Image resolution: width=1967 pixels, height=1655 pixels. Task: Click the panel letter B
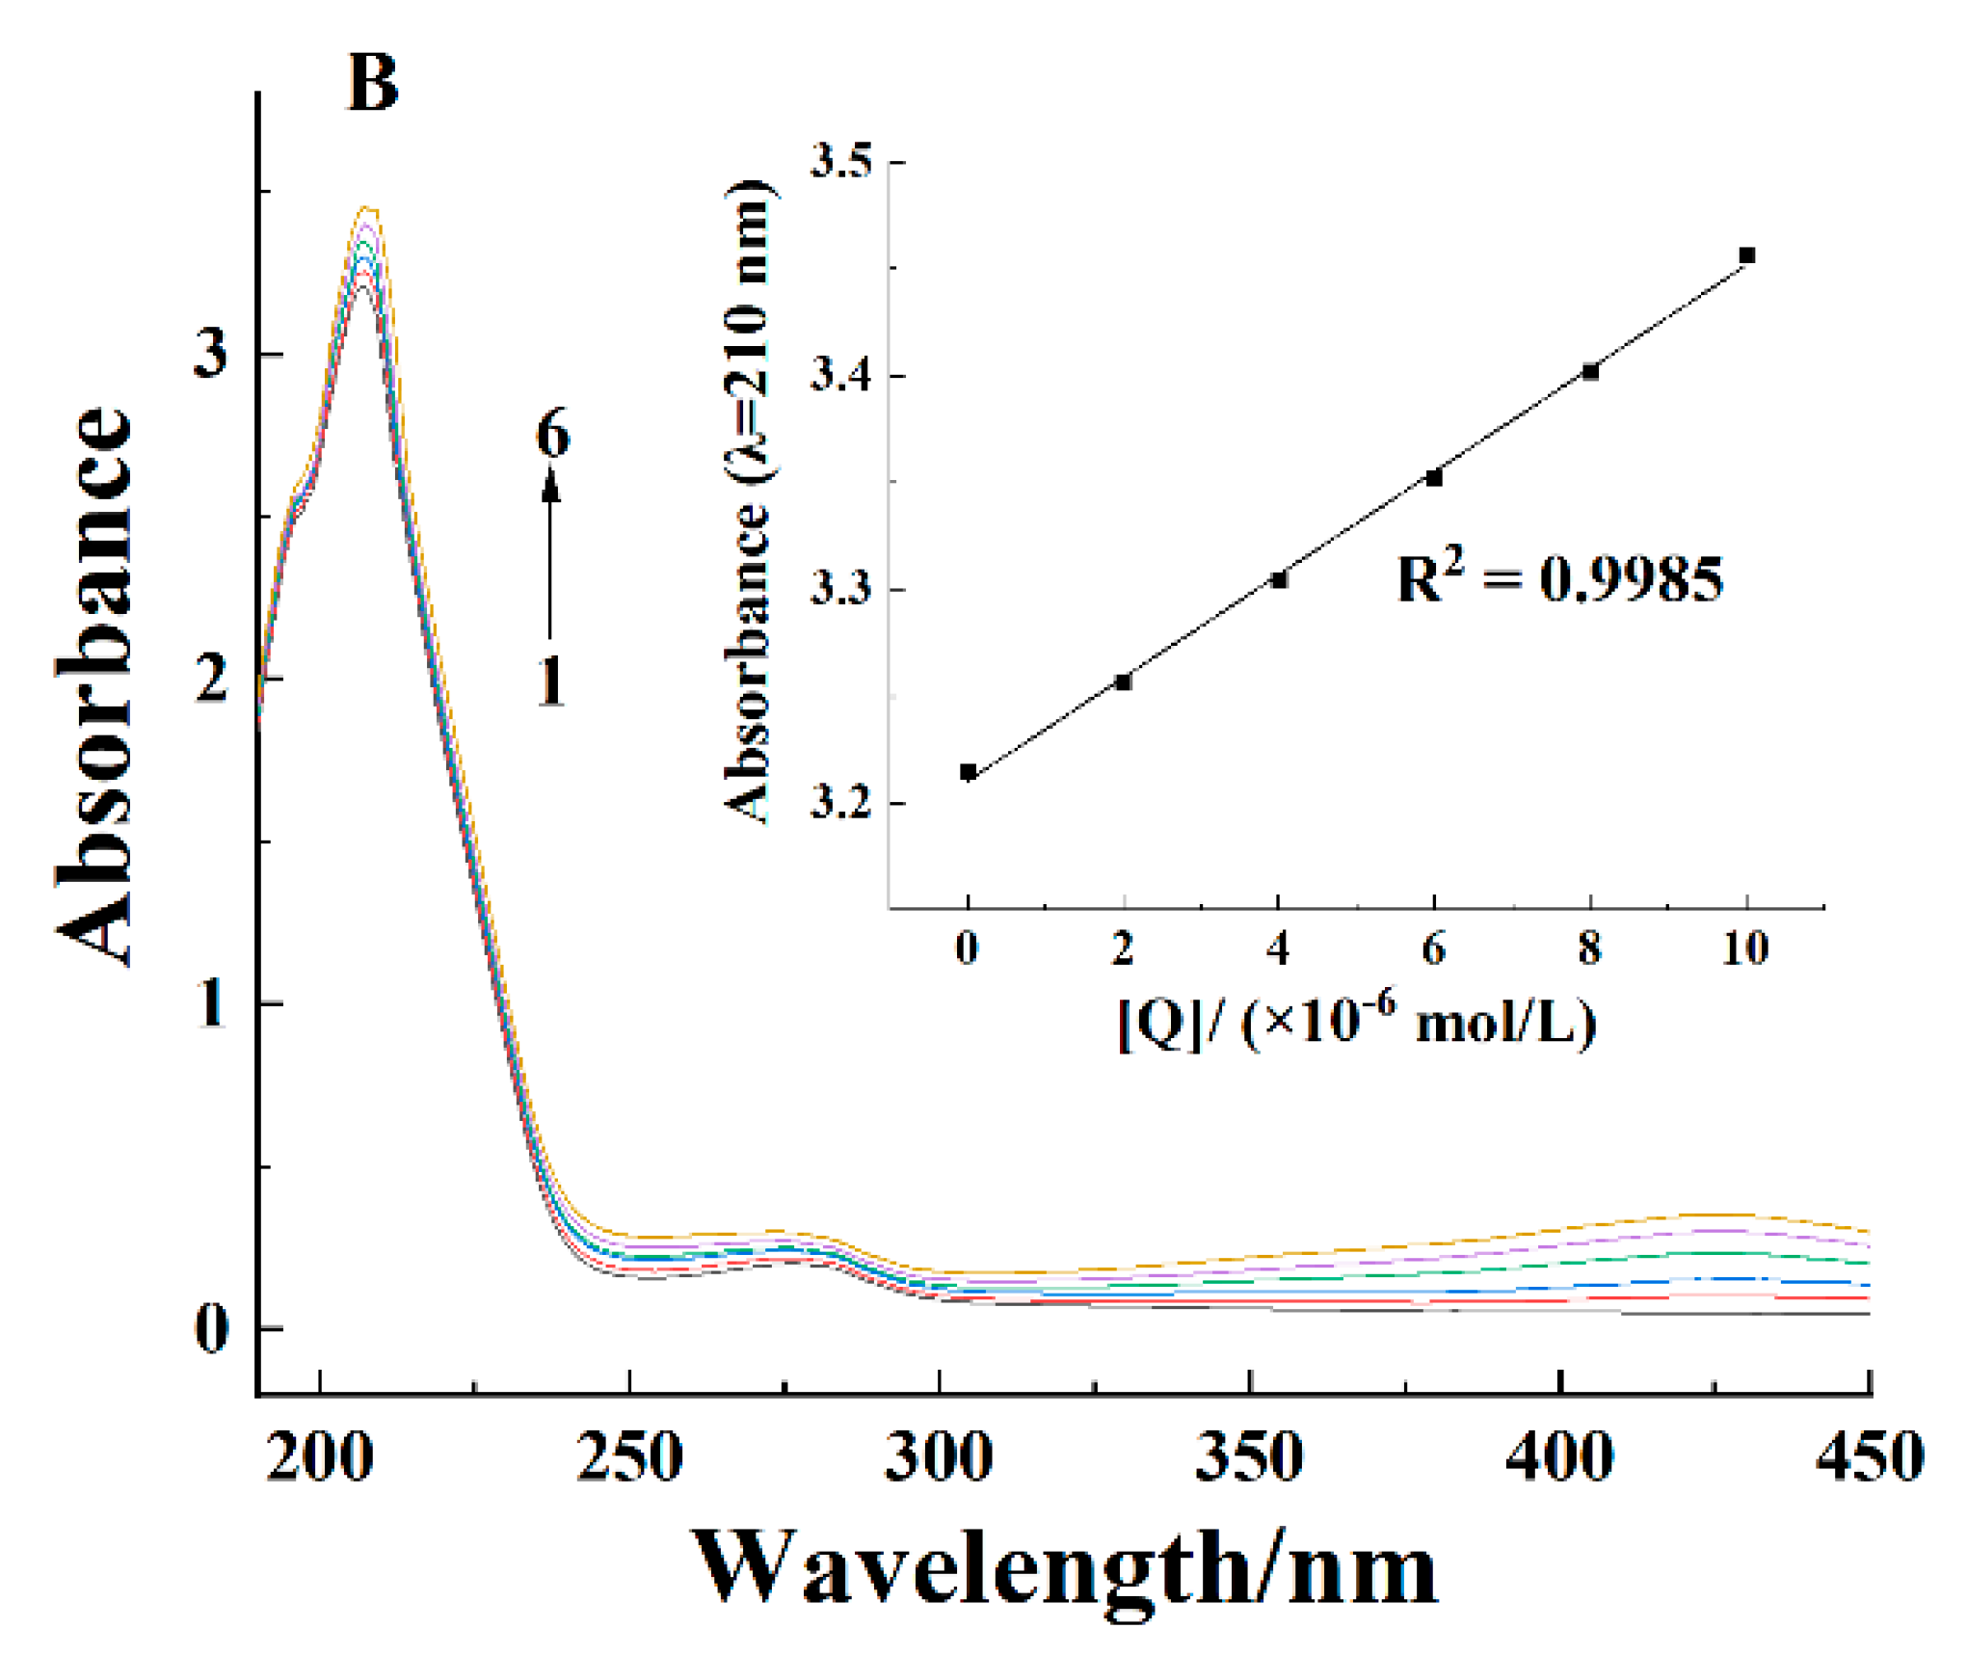click(x=372, y=83)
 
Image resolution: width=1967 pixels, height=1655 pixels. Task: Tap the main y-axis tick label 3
click(x=211, y=353)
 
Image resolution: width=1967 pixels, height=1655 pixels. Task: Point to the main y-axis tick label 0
click(x=211, y=1328)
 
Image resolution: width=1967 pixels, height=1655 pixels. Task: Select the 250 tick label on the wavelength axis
click(x=629, y=1456)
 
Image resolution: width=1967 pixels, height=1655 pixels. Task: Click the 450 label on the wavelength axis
click(x=1869, y=1456)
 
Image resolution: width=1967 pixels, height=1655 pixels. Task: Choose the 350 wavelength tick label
click(x=1249, y=1456)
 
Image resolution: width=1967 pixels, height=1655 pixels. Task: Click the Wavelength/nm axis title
click(x=1065, y=1569)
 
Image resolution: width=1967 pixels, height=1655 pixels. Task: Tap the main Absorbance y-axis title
click(x=93, y=686)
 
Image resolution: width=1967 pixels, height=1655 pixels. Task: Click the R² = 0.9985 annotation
click(x=1559, y=579)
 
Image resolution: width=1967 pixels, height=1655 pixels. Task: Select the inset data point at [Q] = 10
click(x=1746, y=255)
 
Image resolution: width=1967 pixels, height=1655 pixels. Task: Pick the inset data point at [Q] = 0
click(x=969, y=772)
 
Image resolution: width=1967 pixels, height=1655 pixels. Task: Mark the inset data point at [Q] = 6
click(x=1434, y=478)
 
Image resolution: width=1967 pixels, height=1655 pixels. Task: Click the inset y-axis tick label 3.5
click(x=841, y=161)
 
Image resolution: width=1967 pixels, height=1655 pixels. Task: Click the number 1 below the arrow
click(x=551, y=681)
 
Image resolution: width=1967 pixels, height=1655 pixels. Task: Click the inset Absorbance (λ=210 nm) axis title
click(x=748, y=501)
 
